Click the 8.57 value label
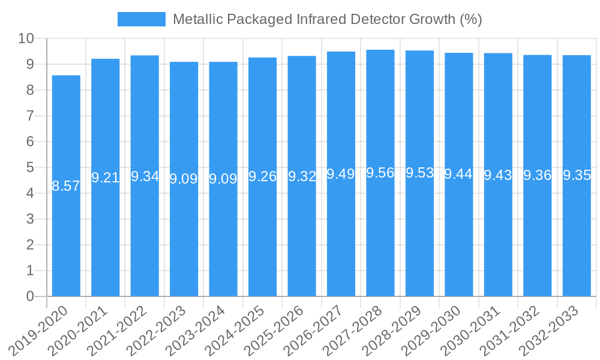(66, 186)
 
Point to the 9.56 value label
(380, 173)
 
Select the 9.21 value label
(106, 178)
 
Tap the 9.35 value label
(577, 176)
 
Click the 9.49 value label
(341, 174)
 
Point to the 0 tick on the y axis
(30, 296)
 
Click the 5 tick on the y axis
(30, 167)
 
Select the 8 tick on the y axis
(30, 90)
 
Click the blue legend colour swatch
(141, 19)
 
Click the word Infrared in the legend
(320, 19)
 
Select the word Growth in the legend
(432, 19)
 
